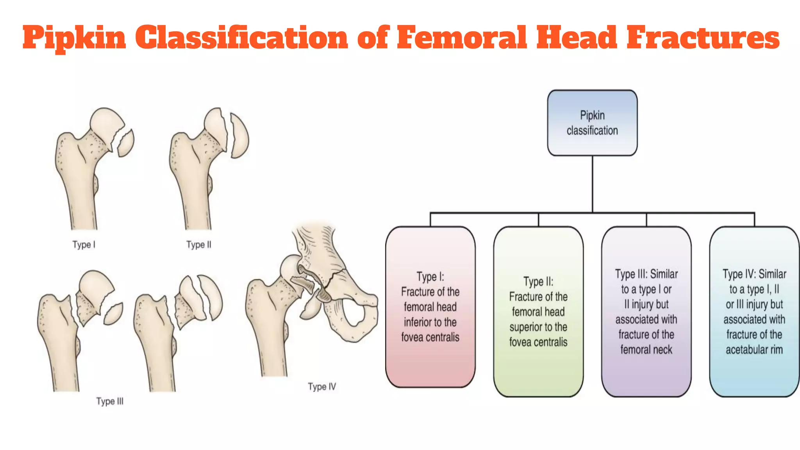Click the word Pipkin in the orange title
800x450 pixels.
pyautogui.click(x=74, y=38)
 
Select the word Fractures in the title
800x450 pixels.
pyautogui.click(x=703, y=37)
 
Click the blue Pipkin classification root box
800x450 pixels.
pyautogui.click(x=592, y=123)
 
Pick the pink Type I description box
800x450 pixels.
pyautogui.click(x=430, y=307)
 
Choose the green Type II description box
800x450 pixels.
pyautogui.click(x=538, y=311)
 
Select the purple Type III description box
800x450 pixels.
pyautogui.click(x=646, y=311)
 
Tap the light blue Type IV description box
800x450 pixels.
pyautogui.click(x=754, y=311)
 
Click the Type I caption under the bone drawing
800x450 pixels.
pyautogui.click(x=84, y=245)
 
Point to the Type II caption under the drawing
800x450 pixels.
pyautogui.click(x=198, y=245)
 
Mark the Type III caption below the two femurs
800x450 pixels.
pyautogui.click(x=110, y=401)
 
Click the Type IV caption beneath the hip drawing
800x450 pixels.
pyautogui.click(x=321, y=387)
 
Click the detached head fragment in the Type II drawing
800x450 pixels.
pyautogui.click(x=239, y=136)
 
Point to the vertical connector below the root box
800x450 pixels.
pyautogui.click(x=592, y=184)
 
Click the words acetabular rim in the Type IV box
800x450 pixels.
pyautogui.click(x=754, y=350)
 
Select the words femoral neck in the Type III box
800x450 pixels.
pyautogui.click(x=646, y=350)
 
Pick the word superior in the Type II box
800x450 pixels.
pyautogui.click(x=524, y=327)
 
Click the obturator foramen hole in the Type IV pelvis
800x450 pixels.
pyautogui.click(x=354, y=312)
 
